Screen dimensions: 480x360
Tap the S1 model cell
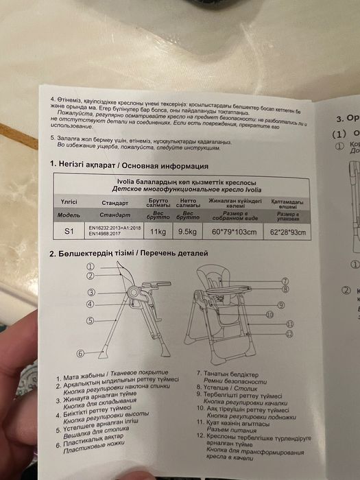point(69,232)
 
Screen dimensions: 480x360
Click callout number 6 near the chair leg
point(80,354)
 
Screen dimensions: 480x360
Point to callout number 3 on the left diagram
point(91,292)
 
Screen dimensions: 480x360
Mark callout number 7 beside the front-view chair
point(284,281)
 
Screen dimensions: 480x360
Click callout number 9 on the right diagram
point(281,304)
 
